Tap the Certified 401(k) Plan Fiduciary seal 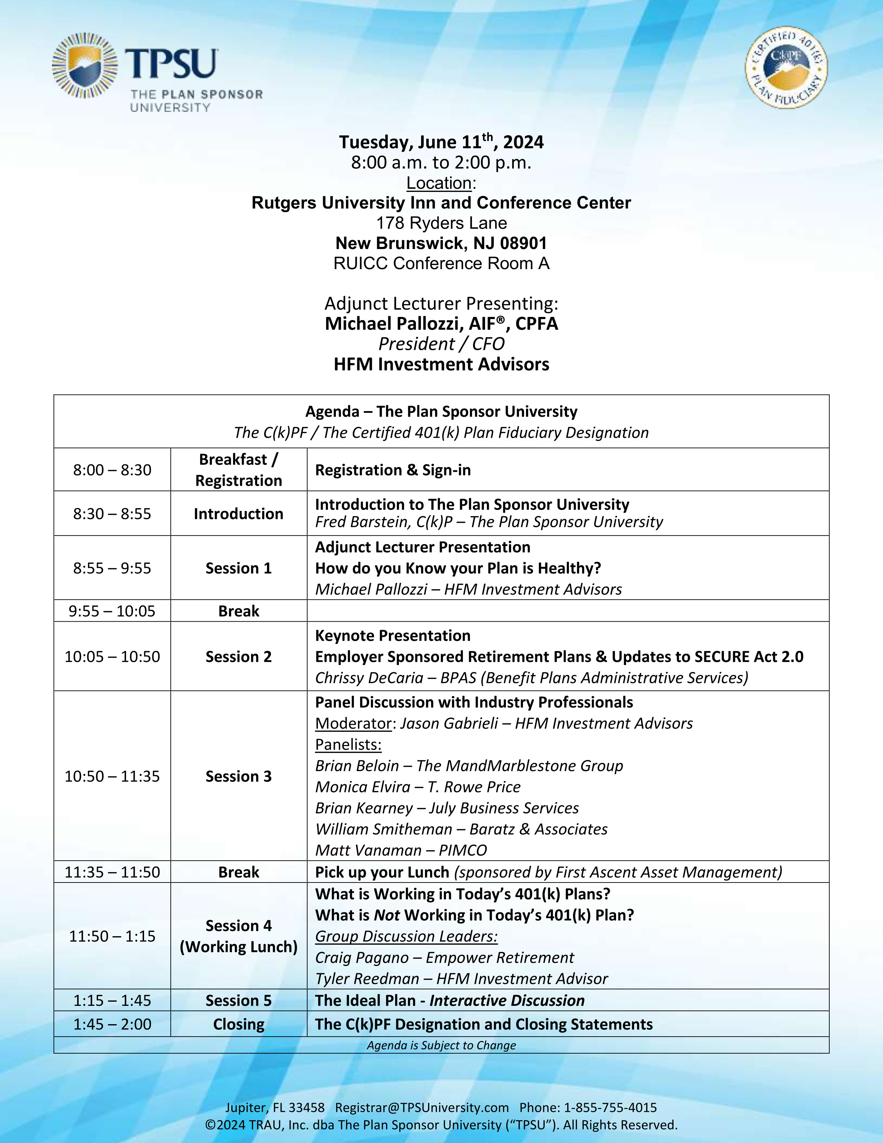click(x=786, y=68)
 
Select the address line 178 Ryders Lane click(x=441, y=223)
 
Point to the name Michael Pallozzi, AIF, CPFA click(x=441, y=324)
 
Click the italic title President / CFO click(x=441, y=344)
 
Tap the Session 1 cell click(x=239, y=568)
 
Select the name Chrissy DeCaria click(x=369, y=678)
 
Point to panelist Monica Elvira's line click(x=418, y=787)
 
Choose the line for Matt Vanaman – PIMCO click(x=401, y=850)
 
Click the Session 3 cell click(x=239, y=777)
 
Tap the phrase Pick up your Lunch click(x=382, y=872)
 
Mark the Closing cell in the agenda click(x=239, y=1024)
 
